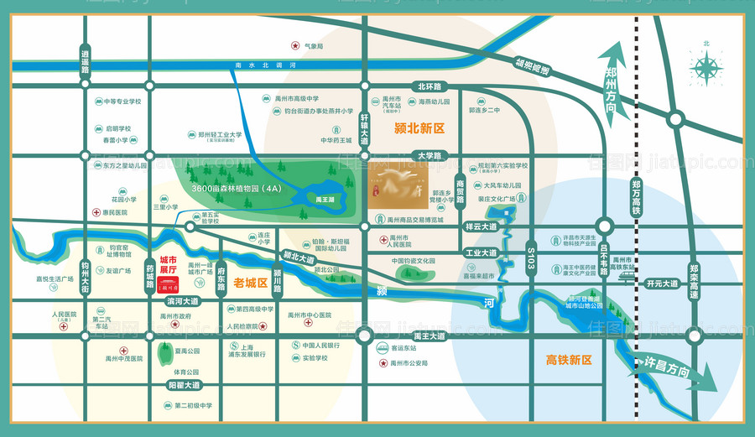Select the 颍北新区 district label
(419, 128)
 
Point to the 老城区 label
(249, 283)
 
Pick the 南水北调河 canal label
(267, 65)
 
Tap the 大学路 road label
(429, 155)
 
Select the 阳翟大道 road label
(184, 385)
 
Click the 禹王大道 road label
(432, 336)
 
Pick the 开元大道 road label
(661, 284)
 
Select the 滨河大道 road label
(183, 300)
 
